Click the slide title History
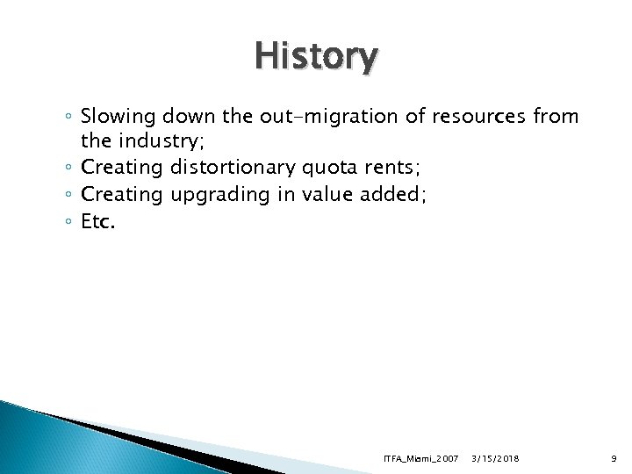316,57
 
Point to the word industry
167,141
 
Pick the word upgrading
218,196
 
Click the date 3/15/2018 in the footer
495,458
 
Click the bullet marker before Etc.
68,223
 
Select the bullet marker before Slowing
68,116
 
